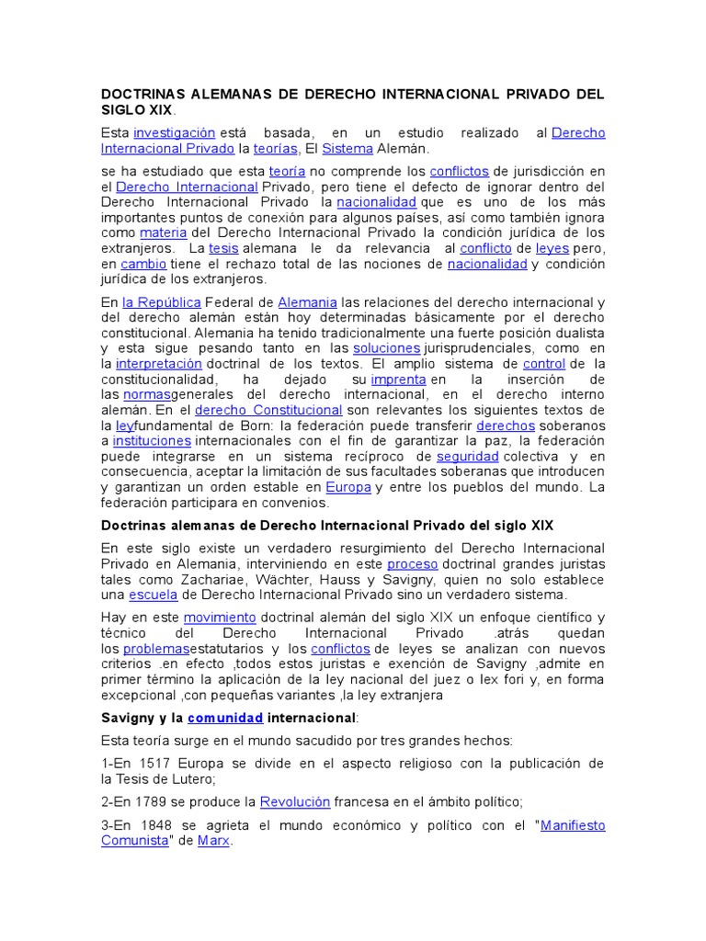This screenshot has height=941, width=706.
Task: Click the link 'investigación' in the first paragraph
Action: coord(174,132)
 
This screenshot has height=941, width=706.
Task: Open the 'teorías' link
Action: coord(276,148)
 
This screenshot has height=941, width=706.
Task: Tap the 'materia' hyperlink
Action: coord(163,232)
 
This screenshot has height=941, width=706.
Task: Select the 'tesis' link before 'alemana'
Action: coord(223,248)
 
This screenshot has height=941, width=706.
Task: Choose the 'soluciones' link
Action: coord(386,348)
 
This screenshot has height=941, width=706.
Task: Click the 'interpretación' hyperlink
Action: coord(158,364)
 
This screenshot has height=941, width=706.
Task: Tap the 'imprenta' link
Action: coord(398,379)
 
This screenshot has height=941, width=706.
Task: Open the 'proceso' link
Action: coord(412,563)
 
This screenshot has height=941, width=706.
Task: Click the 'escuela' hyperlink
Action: coord(153,595)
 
